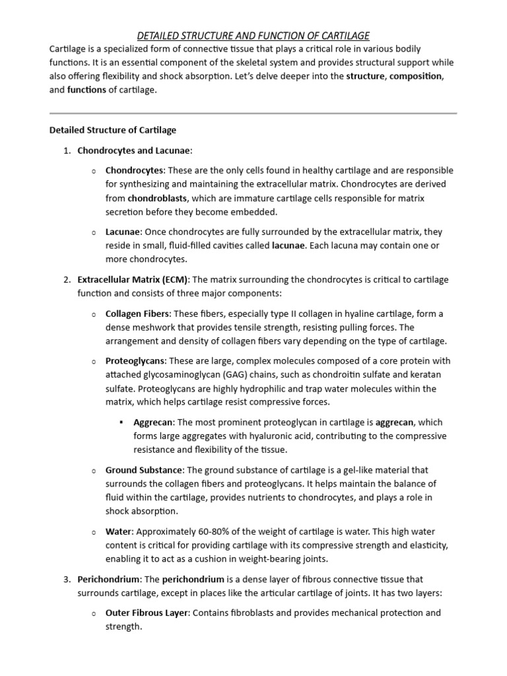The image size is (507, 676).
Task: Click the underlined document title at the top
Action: [x=253, y=35]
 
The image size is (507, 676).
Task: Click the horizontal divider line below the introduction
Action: [x=253, y=114]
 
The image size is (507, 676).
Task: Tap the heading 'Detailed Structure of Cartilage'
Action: [x=113, y=130]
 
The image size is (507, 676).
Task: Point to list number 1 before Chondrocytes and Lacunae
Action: [x=67, y=151]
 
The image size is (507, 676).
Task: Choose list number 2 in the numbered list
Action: [x=67, y=280]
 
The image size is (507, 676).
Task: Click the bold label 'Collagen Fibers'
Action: [x=137, y=314]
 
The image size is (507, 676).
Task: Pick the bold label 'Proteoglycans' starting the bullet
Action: [x=135, y=361]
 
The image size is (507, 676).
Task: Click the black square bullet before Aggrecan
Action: [x=122, y=422]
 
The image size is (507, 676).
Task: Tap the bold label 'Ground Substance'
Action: [x=145, y=470]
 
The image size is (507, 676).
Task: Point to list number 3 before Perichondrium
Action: [x=67, y=579]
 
